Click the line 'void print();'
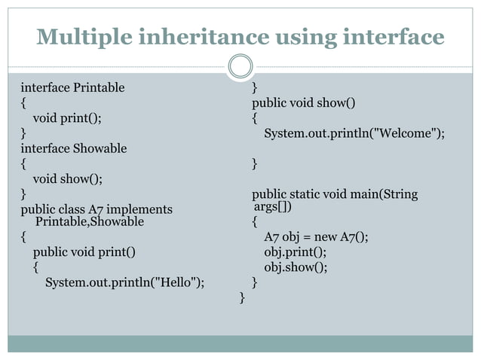(x=66, y=117)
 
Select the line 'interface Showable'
(x=73, y=148)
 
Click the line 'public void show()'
(x=304, y=103)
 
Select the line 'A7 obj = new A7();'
(x=316, y=237)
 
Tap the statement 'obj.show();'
(x=296, y=267)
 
